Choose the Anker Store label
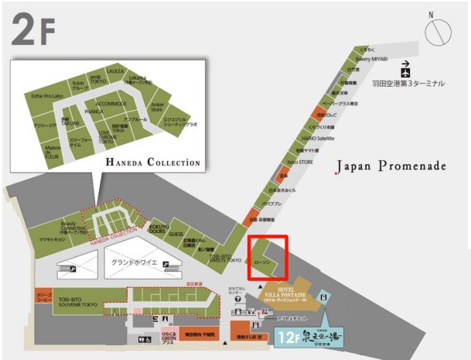tap(156, 107)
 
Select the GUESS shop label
tap(176, 233)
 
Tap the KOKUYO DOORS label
tap(159, 228)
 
